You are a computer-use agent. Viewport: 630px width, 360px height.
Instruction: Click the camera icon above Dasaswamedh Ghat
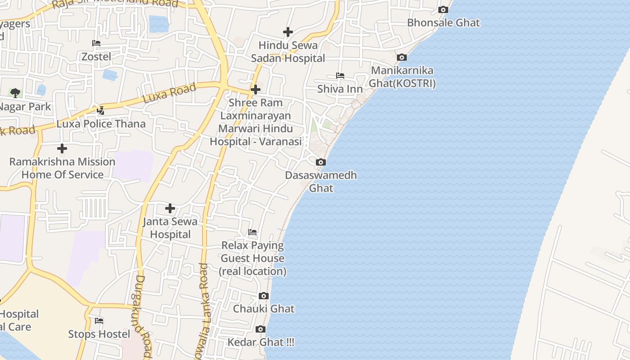pyautogui.click(x=320, y=162)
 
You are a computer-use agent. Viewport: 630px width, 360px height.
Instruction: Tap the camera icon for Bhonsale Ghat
pyautogui.click(x=443, y=9)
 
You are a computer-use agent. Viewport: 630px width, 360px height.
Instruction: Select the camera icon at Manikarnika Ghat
pyautogui.click(x=401, y=57)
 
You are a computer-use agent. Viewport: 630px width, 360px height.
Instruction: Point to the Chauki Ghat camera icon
pyautogui.click(x=264, y=296)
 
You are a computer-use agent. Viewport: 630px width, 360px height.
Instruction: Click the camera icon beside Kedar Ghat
pyautogui.click(x=260, y=329)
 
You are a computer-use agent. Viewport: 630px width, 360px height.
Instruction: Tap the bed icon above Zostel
pyautogui.click(x=96, y=43)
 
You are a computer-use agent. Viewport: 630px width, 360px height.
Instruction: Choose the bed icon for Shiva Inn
pyautogui.click(x=340, y=76)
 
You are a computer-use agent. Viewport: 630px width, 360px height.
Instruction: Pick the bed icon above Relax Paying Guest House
pyautogui.click(x=252, y=232)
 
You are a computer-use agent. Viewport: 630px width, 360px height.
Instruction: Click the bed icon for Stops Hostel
pyautogui.click(x=99, y=320)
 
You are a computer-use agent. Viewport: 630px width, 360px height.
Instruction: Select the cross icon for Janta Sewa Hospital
pyautogui.click(x=170, y=208)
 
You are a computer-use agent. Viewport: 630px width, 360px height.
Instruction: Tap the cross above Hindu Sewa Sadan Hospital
pyautogui.click(x=288, y=32)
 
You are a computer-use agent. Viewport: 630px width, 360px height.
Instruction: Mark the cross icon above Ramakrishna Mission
pyautogui.click(x=62, y=148)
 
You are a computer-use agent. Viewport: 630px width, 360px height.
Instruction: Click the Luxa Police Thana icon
pyautogui.click(x=100, y=110)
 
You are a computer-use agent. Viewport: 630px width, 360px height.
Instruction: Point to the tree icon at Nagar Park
pyautogui.click(x=15, y=93)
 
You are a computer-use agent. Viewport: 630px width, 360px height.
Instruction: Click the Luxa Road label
pyautogui.click(x=169, y=93)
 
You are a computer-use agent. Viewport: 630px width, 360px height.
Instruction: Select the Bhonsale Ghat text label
pyautogui.click(x=443, y=22)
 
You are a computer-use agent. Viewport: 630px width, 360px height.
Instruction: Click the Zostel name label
pyautogui.click(x=96, y=57)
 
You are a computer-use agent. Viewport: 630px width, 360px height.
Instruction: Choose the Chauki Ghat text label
pyautogui.click(x=264, y=309)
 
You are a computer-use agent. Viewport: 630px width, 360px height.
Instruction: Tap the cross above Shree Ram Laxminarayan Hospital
pyautogui.click(x=255, y=90)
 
